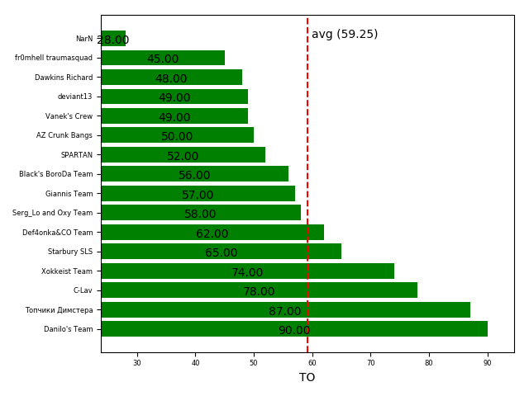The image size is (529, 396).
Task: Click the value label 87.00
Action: tap(285, 311)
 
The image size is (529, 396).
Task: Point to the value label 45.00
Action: tap(163, 59)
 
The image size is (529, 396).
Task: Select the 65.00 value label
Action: tap(222, 253)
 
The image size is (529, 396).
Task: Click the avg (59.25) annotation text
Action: tap(345, 35)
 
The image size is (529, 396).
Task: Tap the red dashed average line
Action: tap(307, 165)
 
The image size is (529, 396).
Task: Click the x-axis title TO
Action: tap(307, 378)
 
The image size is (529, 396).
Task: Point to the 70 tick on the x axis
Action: tap(370, 362)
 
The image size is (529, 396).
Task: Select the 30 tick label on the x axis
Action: tap(137, 362)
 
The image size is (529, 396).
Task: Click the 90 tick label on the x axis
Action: tap(488, 362)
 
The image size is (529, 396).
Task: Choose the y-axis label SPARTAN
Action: tap(77, 155)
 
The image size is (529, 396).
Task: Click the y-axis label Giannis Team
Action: tap(69, 194)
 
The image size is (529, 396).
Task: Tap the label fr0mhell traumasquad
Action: tap(54, 58)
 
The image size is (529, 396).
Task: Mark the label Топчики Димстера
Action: tap(60, 310)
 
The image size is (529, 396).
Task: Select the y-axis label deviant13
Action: tap(75, 97)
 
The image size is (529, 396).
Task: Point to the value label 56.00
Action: tap(194, 176)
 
